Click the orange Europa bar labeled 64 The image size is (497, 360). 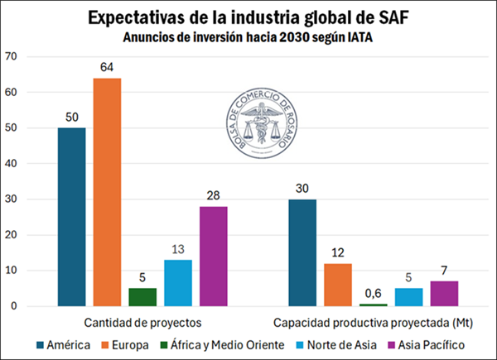[x=107, y=192]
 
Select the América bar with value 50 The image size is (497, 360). [x=71, y=217]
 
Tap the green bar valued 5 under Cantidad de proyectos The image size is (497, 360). [x=142, y=296]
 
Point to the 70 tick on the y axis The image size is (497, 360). [x=11, y=56]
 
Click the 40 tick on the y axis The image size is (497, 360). [x=11, y=163]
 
